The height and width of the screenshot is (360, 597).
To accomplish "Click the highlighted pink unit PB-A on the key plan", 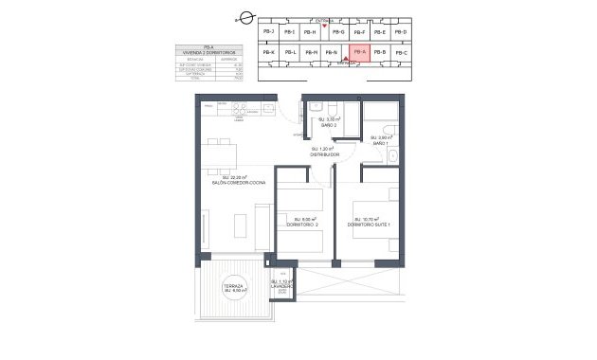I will point(358,53).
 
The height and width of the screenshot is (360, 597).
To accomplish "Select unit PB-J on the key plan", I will point(267,32).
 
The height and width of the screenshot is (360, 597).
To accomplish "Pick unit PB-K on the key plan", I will point(267,53).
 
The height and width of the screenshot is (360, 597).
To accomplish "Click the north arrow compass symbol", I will point(246,16).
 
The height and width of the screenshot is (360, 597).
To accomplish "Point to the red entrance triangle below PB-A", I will point(358,64).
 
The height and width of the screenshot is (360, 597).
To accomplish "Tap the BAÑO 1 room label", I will point(380,142).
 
